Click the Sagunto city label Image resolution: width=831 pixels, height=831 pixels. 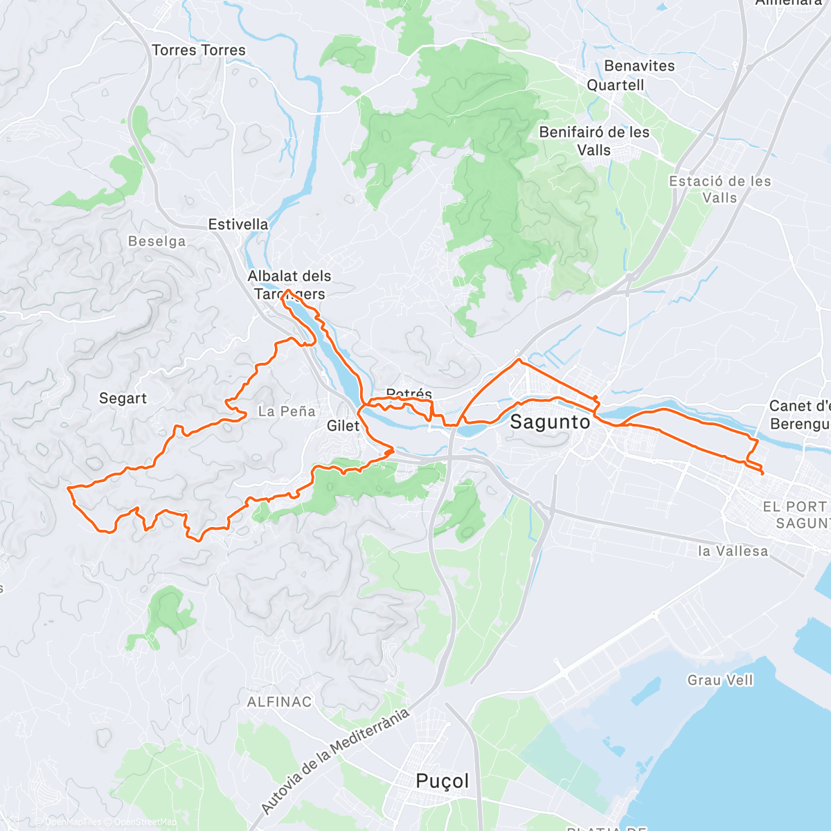550,422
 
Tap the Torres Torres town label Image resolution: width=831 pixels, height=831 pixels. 199,51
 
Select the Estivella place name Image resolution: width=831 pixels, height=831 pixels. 238,224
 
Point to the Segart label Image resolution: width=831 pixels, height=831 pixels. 123,398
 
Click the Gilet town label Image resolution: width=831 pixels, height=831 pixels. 343,426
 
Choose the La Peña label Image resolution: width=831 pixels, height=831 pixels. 287,411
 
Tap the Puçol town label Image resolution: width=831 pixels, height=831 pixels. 443,781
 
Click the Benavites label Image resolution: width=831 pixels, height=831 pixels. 639,66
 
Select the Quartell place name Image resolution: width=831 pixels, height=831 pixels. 616,85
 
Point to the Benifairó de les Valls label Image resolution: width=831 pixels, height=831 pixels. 594,141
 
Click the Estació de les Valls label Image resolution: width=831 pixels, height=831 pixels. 720,189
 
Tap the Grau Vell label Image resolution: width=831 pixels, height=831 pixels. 720,680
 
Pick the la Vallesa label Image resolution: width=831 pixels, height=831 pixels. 733,551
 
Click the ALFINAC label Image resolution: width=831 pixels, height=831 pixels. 280,702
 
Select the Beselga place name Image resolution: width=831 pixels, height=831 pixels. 157,242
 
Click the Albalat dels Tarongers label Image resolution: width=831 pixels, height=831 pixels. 289,285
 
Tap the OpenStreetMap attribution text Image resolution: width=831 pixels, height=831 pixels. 145,823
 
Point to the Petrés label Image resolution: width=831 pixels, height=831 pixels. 409,394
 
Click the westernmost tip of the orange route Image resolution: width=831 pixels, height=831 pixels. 67,488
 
